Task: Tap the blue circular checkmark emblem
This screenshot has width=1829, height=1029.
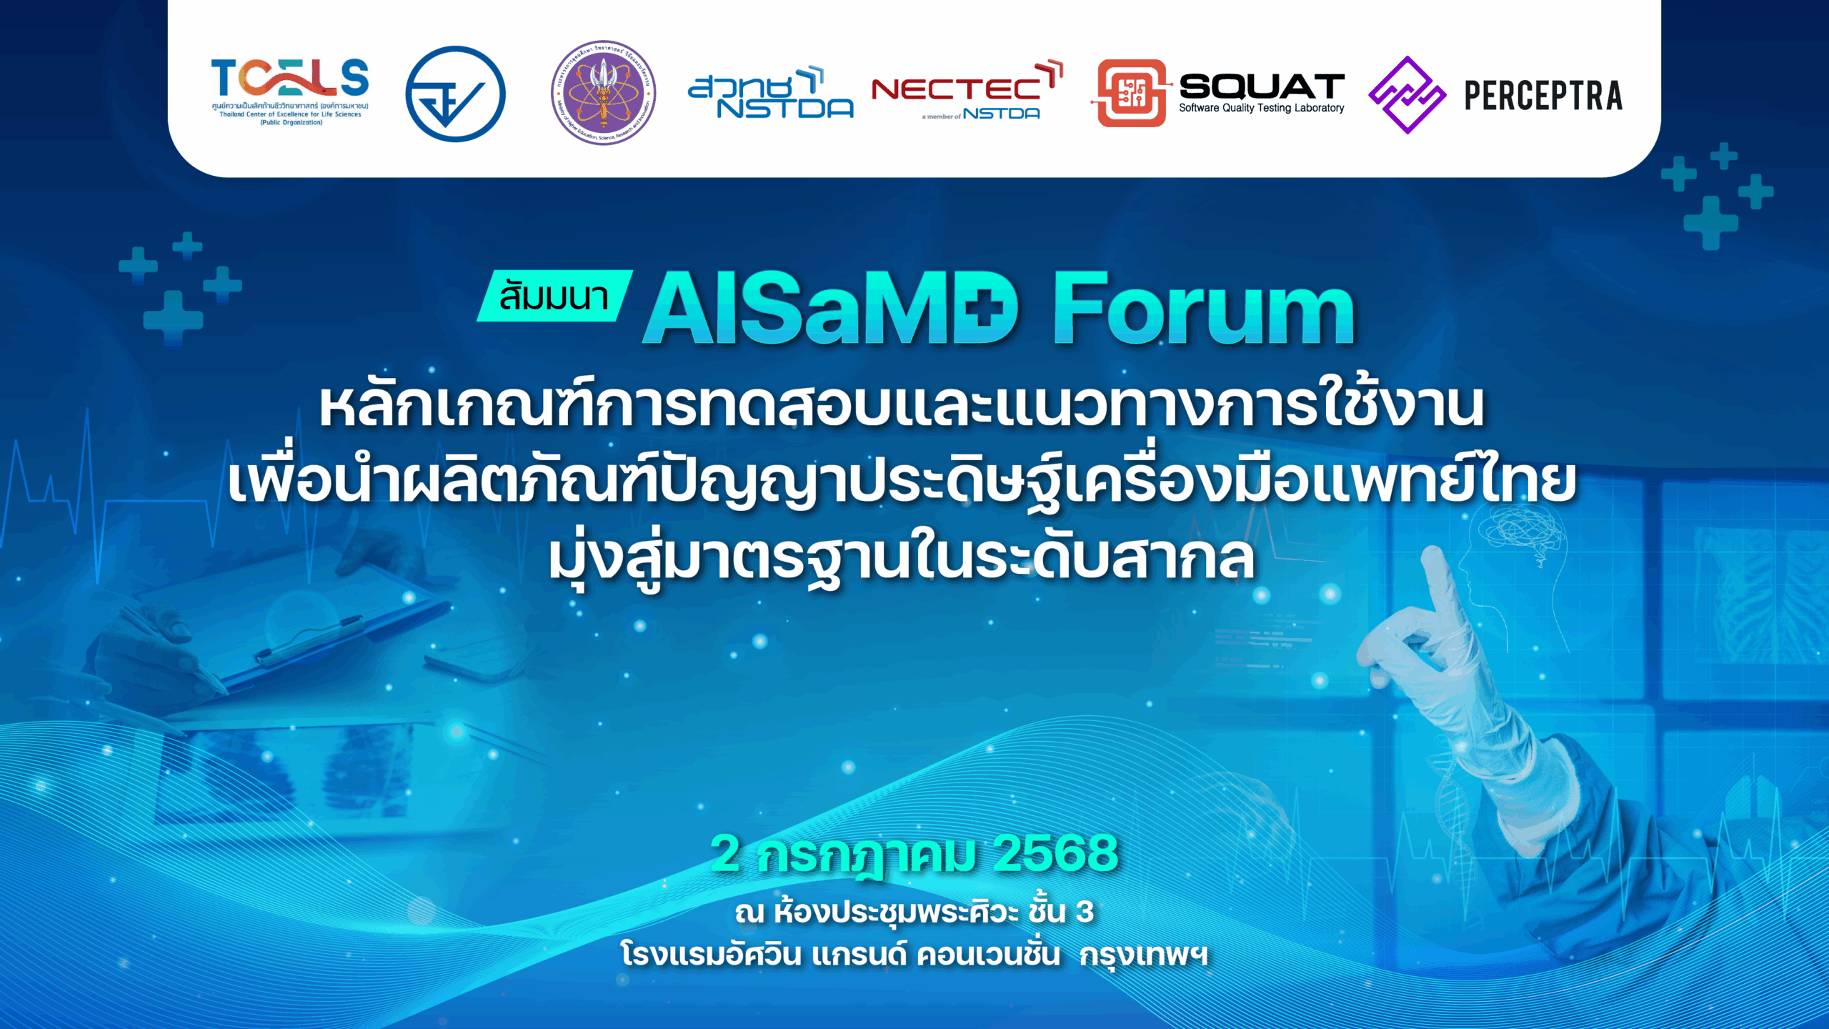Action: coord(455,94)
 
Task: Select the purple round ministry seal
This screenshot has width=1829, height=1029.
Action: coord(604,93)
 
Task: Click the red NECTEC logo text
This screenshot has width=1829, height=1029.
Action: coord(957,89)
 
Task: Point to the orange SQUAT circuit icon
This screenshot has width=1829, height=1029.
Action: coord(1132,94)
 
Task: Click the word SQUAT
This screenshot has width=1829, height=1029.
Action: coord(1262,86)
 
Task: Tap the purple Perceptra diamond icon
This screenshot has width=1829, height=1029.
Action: coord(1407,95)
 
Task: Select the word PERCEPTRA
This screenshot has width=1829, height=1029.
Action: coord(1543,96)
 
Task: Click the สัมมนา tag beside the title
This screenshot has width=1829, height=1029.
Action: coord(554,296)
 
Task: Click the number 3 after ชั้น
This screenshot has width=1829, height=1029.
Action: coord(1085,912)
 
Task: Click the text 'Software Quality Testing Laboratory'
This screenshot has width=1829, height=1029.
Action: coord(1262,108)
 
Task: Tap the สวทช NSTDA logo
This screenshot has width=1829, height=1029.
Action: coord(770,94)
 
